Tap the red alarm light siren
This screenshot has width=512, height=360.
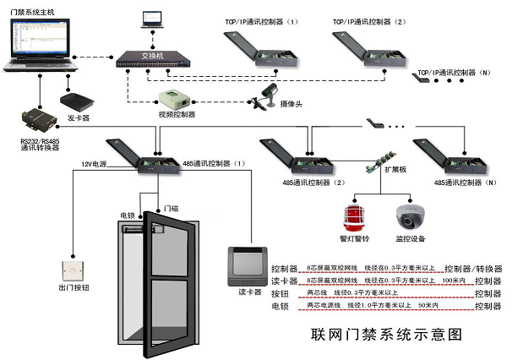(352, 215)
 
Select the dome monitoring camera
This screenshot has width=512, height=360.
(411, 217)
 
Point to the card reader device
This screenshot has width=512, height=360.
(248, 263)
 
